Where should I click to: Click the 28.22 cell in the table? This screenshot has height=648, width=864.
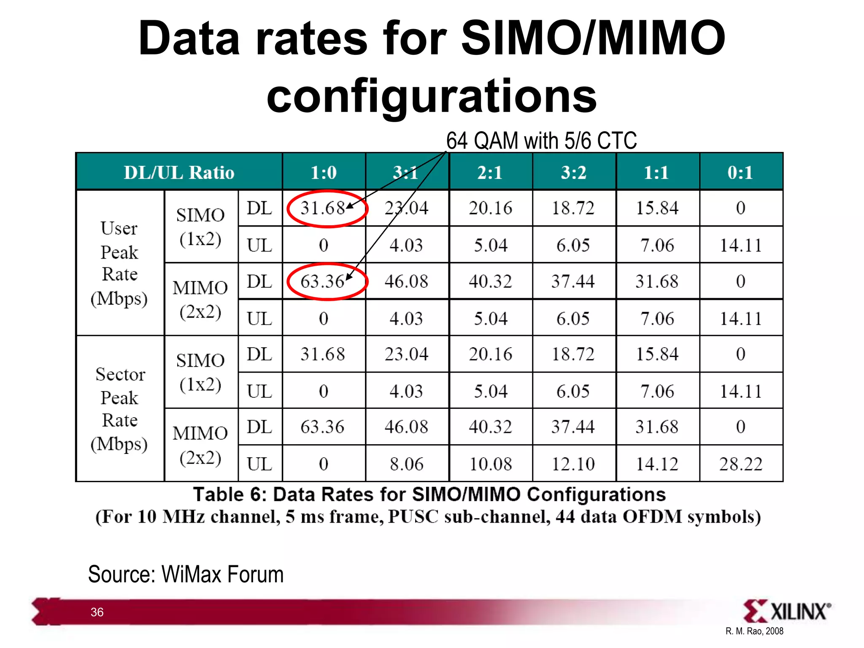[x=741, y=464]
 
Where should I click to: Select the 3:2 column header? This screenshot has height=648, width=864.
[x=573, y=172]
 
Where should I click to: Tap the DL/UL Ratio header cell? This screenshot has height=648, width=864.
[x=179, y=172]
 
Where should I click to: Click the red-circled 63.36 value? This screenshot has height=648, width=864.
[x=323, y=281]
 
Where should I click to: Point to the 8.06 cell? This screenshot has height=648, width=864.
[x=406, y=464]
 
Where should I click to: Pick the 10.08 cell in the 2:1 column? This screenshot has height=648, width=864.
[x=491, y=464]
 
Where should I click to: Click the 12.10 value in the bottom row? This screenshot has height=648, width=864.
[x=573, y=464]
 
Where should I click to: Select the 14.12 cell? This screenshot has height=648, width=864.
[x=657, y=464]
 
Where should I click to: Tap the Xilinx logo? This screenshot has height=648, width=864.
[x=787, y=611]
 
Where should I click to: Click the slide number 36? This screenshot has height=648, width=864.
[x=97, y=612]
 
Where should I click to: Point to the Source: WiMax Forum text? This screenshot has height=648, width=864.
[x=186, y=575]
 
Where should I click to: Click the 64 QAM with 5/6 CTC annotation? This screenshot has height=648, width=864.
[x=541, y=140]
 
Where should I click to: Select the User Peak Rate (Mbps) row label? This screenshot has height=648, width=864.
[x=120, y=263]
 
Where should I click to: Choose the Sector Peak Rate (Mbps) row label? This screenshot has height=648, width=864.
[x=120, y=408]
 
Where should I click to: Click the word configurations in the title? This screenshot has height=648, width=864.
[x=432, y=96]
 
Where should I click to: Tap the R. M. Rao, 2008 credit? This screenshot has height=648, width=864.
[x=754, y=631]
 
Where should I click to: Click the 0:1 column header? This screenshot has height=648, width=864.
[x=740, y=172]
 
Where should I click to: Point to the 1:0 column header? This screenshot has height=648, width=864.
[x=324, y=172]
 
